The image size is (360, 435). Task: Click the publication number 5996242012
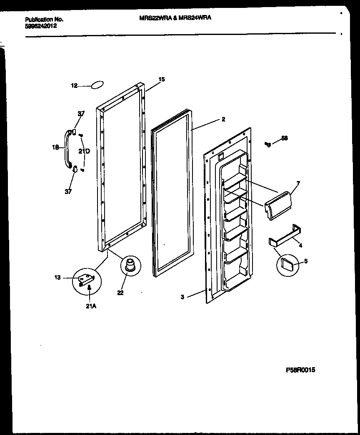(41, 26)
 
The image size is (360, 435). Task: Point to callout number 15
(162, 79)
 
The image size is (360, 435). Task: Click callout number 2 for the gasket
(223, 119)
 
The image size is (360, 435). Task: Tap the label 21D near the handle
(84, 151)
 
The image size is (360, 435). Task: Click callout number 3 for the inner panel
(183, 297)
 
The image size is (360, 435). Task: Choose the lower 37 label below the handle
(67, 191)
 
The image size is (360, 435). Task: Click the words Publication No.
(44, 19)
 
